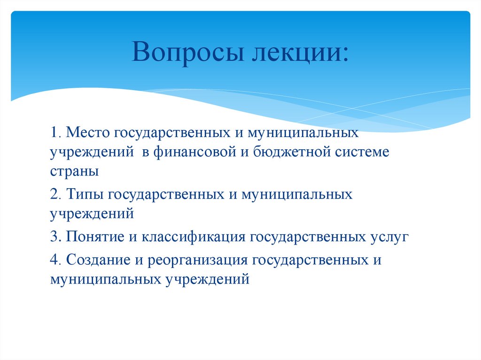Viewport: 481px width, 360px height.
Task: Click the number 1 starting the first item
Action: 54,133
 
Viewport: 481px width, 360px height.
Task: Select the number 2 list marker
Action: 54,194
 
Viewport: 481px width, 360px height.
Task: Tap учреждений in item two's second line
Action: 93,214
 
